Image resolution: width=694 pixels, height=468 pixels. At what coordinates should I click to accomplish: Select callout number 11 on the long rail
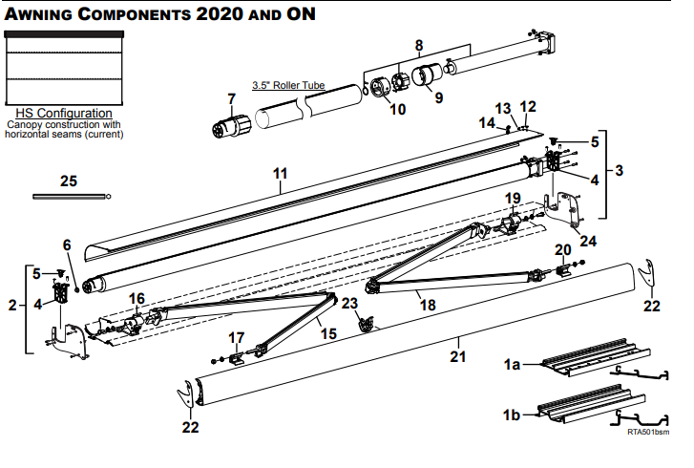coord(280,173)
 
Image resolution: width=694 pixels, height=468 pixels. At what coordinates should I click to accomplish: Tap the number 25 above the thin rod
coord(68,181)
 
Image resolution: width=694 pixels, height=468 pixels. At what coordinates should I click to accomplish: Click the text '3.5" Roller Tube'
coord(288,85)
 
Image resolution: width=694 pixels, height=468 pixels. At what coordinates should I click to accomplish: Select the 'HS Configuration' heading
coord(64,114)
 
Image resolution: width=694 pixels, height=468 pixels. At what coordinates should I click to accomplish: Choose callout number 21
coord(458,357)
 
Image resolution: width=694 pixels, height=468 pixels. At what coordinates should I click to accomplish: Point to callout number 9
coord(438,96)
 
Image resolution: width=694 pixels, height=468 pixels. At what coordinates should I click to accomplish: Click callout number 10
coord(397,109)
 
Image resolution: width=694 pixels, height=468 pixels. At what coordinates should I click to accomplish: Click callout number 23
coord(350,303)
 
